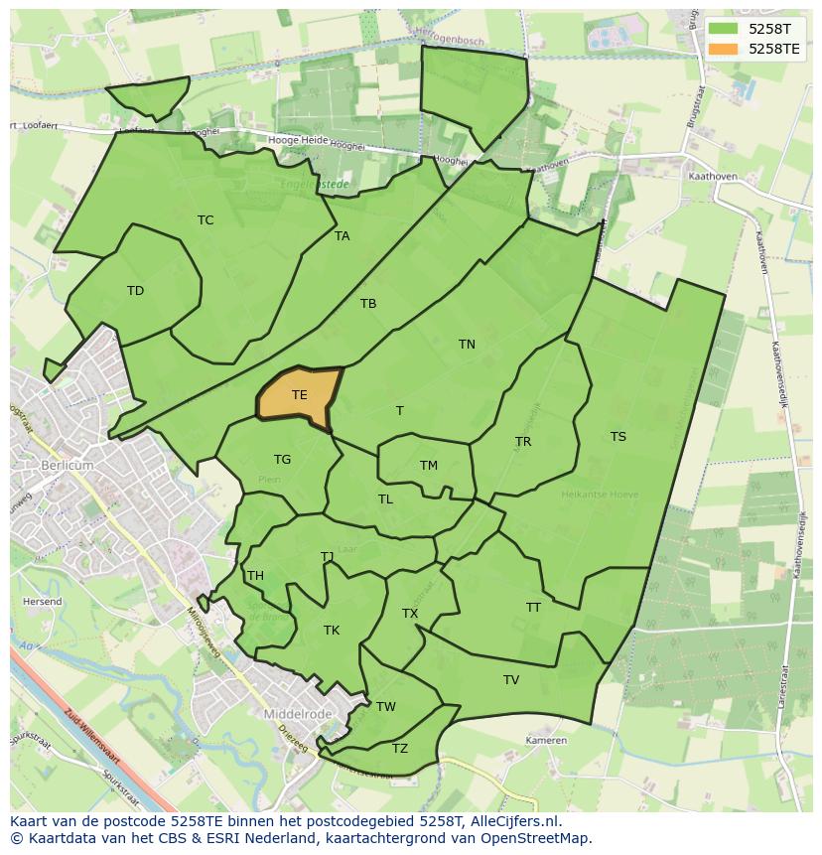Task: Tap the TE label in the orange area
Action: coord(299,395)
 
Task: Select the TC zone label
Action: coord(205,220)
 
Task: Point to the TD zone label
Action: coord(135,291)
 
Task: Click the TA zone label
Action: coord(342,236)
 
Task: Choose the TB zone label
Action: coord(368,304)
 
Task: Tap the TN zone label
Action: coord(467,345)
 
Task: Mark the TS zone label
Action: coord(617,437)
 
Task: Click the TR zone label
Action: coord(523,442)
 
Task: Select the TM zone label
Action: coord(428,466)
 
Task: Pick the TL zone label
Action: coord(385,499)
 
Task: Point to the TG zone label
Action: coord(282,460)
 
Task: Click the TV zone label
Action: coord(510,680)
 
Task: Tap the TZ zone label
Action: coord(399,749)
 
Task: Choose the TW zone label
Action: coord(385,707)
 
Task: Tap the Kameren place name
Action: coord(546,741)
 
